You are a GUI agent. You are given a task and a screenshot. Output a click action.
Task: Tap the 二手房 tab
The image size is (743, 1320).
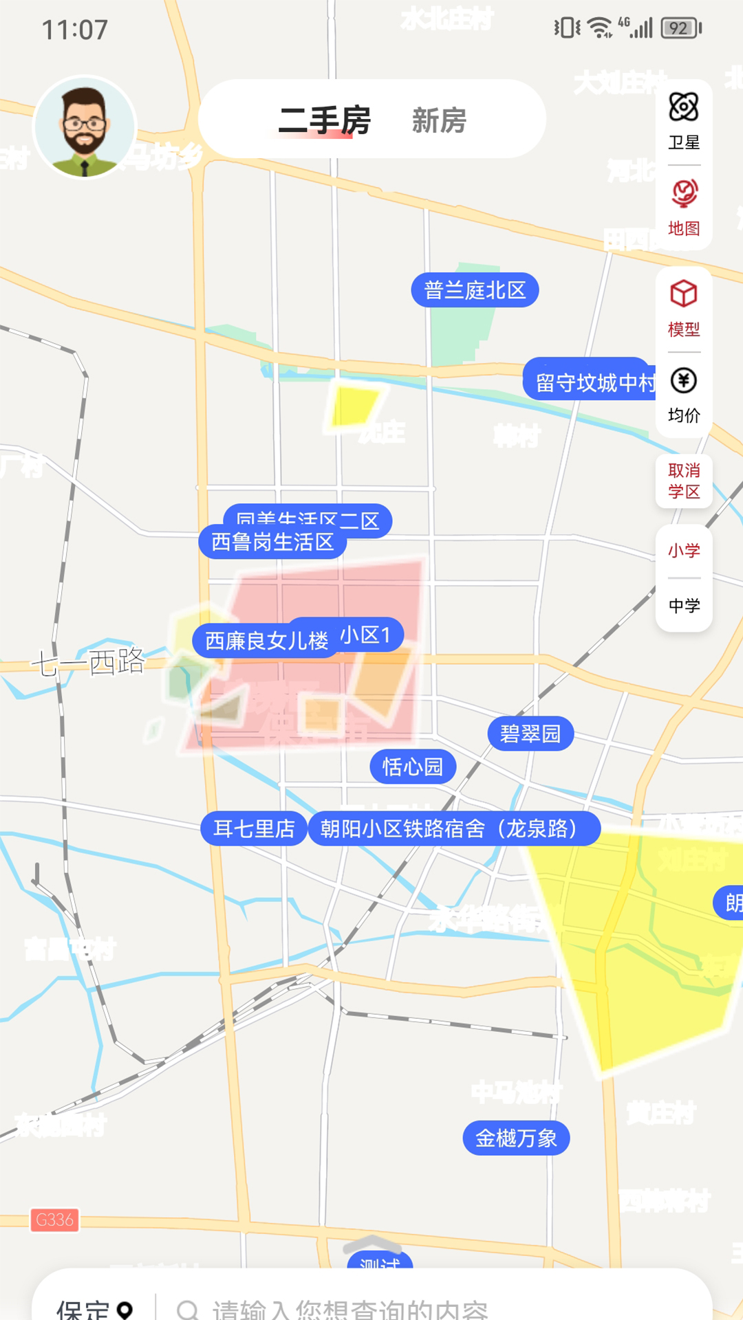point(324,120)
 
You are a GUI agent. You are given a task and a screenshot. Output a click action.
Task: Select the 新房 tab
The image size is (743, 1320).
point(439,120)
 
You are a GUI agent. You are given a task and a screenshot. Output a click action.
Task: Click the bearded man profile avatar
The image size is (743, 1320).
point(85,127)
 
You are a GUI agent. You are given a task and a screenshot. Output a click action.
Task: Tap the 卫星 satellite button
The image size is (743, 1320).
point(684,121)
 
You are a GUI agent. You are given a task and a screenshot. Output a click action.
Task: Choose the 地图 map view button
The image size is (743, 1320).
point(684,207)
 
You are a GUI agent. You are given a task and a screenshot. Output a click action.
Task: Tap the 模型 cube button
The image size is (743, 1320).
point(684,308)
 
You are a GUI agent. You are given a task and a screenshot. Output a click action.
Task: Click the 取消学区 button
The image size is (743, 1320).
point(684,481)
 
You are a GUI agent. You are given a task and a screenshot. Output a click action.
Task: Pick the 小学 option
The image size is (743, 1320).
point(684,550)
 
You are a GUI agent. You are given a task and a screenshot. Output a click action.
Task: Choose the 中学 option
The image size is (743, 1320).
point(684,605)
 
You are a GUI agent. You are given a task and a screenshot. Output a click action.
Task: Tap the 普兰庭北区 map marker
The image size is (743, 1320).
point(475,290)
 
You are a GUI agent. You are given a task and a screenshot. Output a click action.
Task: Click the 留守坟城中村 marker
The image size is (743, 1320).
point(592,382)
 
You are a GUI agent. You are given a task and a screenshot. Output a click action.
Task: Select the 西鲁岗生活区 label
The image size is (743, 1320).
point(272,542)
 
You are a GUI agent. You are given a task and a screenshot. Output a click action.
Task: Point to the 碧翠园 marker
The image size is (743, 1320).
point(530,734)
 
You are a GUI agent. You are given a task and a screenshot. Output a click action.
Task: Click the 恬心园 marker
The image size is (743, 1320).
point(413,767)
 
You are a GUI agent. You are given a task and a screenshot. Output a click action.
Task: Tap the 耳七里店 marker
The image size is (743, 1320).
point(254,828)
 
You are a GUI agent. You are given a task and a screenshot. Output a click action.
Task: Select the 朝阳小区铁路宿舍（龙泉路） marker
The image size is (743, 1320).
point(454,828)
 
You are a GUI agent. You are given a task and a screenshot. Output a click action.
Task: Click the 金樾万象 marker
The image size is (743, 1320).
point(516,1138)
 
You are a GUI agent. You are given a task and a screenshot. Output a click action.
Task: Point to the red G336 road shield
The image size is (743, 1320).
point(54,1220)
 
